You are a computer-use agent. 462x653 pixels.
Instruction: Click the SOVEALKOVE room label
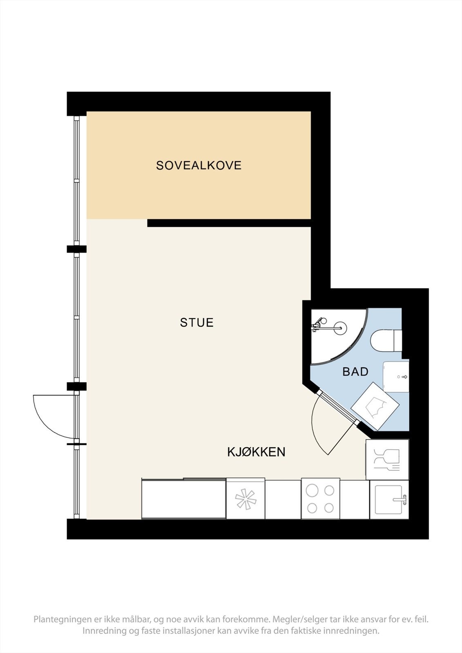point(199,165)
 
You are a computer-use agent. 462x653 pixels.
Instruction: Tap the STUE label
point(196,322)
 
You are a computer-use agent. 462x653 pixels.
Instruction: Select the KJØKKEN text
point(256,452)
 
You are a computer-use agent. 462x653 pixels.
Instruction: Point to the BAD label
point(355,371)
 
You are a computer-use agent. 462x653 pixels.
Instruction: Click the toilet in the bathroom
point(386,340)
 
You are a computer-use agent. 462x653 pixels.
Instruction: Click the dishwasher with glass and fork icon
point(387,460)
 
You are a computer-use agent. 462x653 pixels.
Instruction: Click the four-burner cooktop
point(320,499)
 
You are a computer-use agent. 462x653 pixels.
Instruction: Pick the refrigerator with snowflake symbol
point(246,499)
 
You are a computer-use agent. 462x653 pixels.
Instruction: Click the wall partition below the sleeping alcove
point(229,223)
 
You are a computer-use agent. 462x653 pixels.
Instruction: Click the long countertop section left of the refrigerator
point(183,499)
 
